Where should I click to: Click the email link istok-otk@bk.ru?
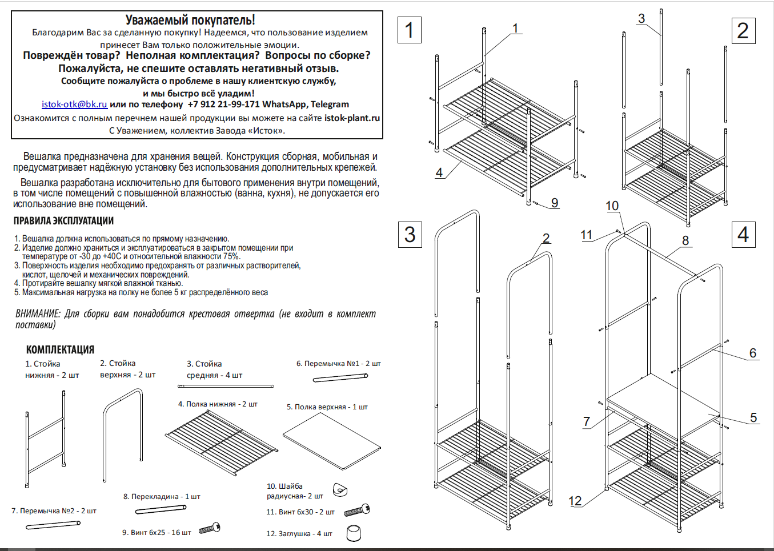[74, 104]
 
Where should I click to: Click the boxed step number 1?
[409, 30]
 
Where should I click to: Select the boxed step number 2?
[743, 31]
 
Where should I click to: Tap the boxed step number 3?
[410, 235]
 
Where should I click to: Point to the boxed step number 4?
[743, 235]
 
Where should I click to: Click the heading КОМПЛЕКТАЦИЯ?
[60, 349]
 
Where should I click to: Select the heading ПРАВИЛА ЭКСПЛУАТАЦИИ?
[63, 221]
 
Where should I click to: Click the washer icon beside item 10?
[340, 489]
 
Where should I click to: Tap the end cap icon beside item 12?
[354, 533]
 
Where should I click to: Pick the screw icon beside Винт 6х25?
[210, 529]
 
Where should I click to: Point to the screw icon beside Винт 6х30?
[358, 510]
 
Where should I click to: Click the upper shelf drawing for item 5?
[332, 441]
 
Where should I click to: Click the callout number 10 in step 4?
[612, 206]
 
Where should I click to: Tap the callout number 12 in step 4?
[575, 501]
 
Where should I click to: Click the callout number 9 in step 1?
[555, 203]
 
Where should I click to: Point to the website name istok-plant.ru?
[352, 118]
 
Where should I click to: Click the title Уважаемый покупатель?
[190, 20]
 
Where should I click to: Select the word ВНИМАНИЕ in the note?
[38, 314]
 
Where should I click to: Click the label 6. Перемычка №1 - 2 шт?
[338, 363]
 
